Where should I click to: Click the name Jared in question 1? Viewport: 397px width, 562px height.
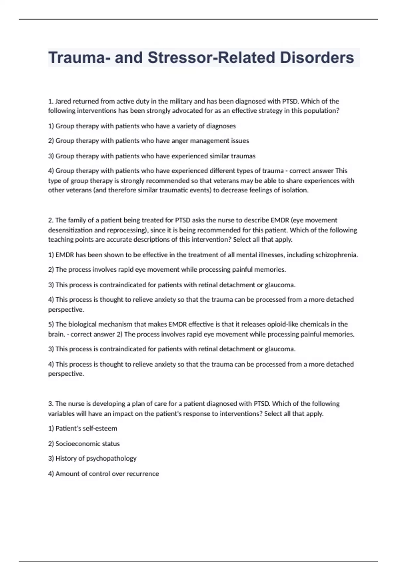pos(63,101)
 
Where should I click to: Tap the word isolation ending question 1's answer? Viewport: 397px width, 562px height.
pos(294,190)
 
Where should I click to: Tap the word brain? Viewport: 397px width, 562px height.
pos(56,334)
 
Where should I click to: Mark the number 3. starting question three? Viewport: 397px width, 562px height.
pos(51,404)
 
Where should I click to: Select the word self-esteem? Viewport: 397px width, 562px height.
pos(101,428)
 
